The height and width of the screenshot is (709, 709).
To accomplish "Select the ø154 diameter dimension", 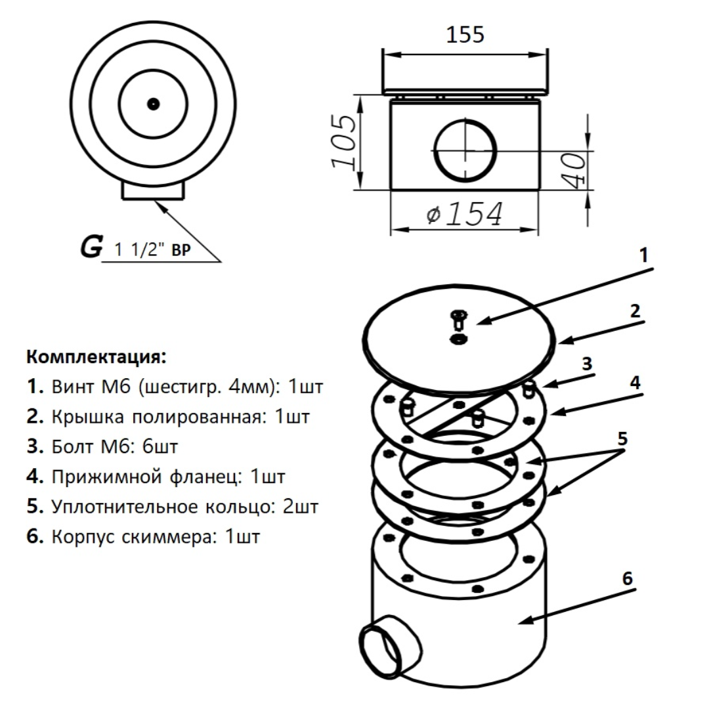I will click(x=465, y=214).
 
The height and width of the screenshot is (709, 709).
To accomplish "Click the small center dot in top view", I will click(x=154, y=103).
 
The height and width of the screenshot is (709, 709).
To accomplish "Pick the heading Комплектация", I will click(x=97, y=358).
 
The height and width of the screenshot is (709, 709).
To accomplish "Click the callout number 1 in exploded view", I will click(x=644, y=255).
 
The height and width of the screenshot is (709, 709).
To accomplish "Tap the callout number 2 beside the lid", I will click(x=635, y=311).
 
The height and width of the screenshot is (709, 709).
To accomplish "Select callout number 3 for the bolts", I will click(x=588, y=363).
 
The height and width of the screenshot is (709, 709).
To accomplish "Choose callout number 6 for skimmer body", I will click(x=627, y=578).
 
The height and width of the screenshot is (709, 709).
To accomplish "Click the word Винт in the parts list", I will click(x=71, y=387).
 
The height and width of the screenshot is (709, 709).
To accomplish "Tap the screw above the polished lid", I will click(x=457, y=320).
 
